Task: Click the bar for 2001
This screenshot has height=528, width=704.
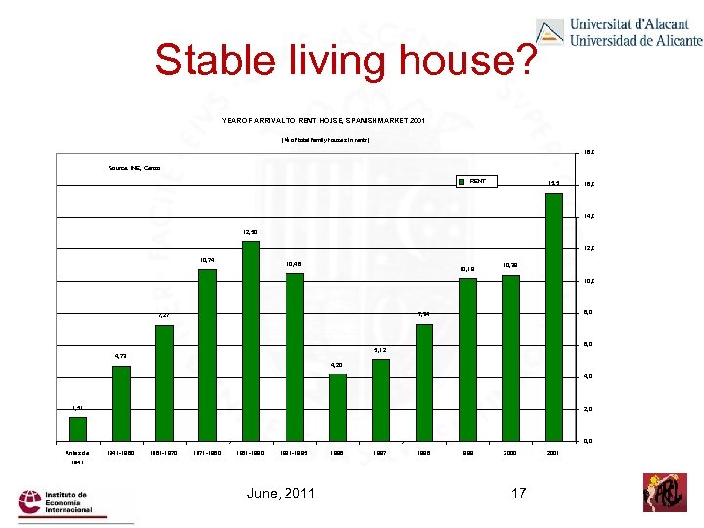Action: coord(553,317)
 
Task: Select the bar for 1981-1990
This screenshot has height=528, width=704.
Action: coord(251,341)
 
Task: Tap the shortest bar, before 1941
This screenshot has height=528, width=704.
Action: coord(78,429)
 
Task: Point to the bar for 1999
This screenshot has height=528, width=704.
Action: coord(467,360)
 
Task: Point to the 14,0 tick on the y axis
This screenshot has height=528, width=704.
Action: coord(590,216)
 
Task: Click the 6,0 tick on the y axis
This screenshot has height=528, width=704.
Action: coord(590,345)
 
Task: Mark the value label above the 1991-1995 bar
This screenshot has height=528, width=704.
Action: coord(294,264)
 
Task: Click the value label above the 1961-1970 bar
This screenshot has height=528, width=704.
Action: coord(164,315)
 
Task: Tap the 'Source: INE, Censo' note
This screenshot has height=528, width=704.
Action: coord(135,169)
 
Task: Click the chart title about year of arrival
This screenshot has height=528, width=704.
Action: coord(308,120)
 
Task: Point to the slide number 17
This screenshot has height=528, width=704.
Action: coord(518,492)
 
